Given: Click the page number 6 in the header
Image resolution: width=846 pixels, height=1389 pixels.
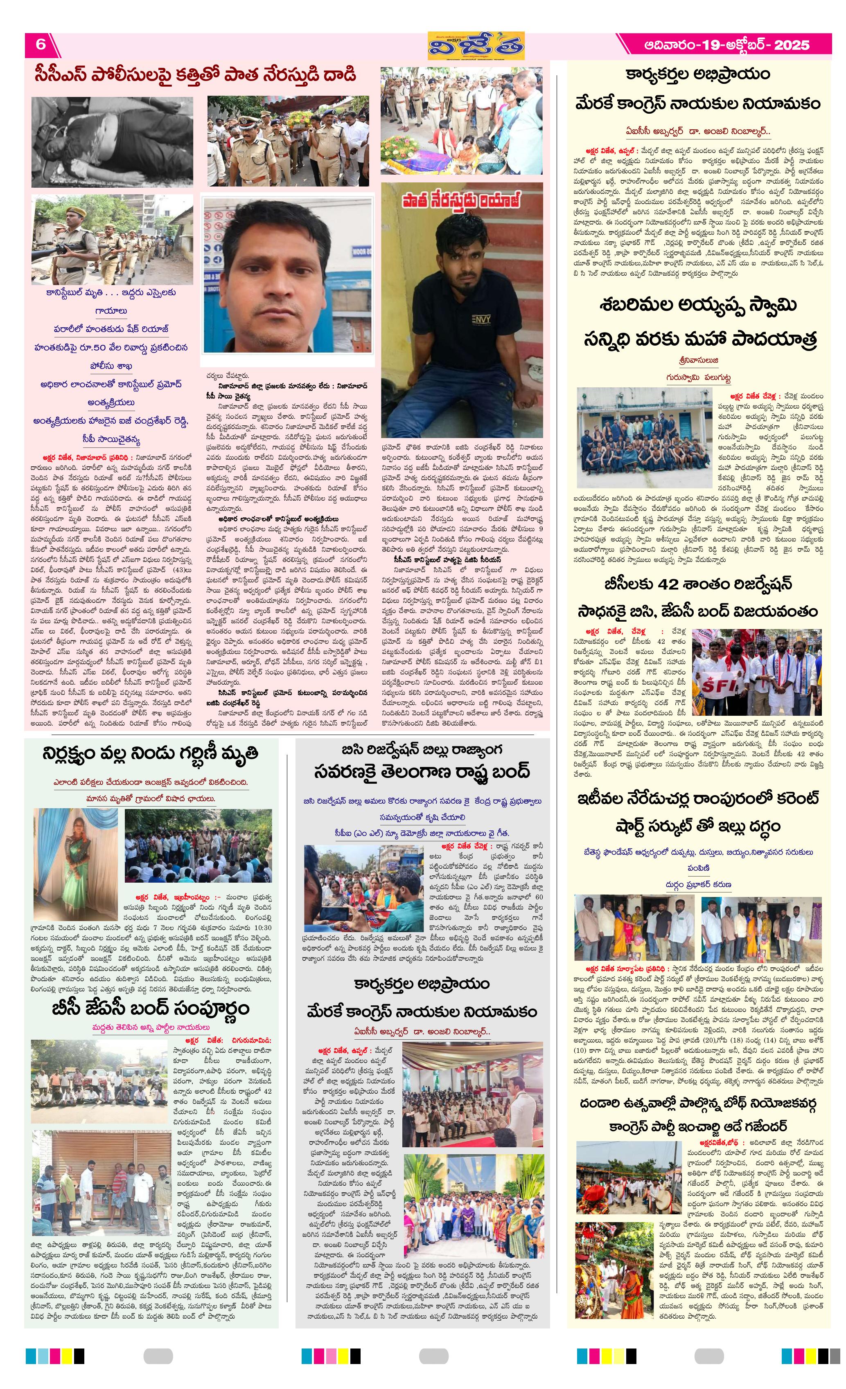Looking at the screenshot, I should click(x=41, y=45).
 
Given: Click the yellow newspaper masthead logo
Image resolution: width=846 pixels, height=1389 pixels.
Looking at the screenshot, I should click(x=476, y=45).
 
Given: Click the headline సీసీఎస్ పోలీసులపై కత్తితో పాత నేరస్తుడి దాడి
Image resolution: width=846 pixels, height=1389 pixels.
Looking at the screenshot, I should click(x=194, y=75).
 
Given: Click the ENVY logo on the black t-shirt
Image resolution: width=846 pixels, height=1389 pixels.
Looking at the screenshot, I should click(x=481, y=319).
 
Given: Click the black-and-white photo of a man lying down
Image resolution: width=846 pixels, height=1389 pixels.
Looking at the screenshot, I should click(x=112, y=142).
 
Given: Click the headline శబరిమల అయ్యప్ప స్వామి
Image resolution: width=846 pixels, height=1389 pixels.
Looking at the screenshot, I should click(x=698, y=306).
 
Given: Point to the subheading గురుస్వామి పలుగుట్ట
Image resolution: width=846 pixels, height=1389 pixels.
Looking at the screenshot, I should click(x=698, y=377).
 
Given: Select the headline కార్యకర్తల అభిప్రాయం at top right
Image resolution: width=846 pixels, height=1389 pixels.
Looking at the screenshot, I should click(x=698, y=74).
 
